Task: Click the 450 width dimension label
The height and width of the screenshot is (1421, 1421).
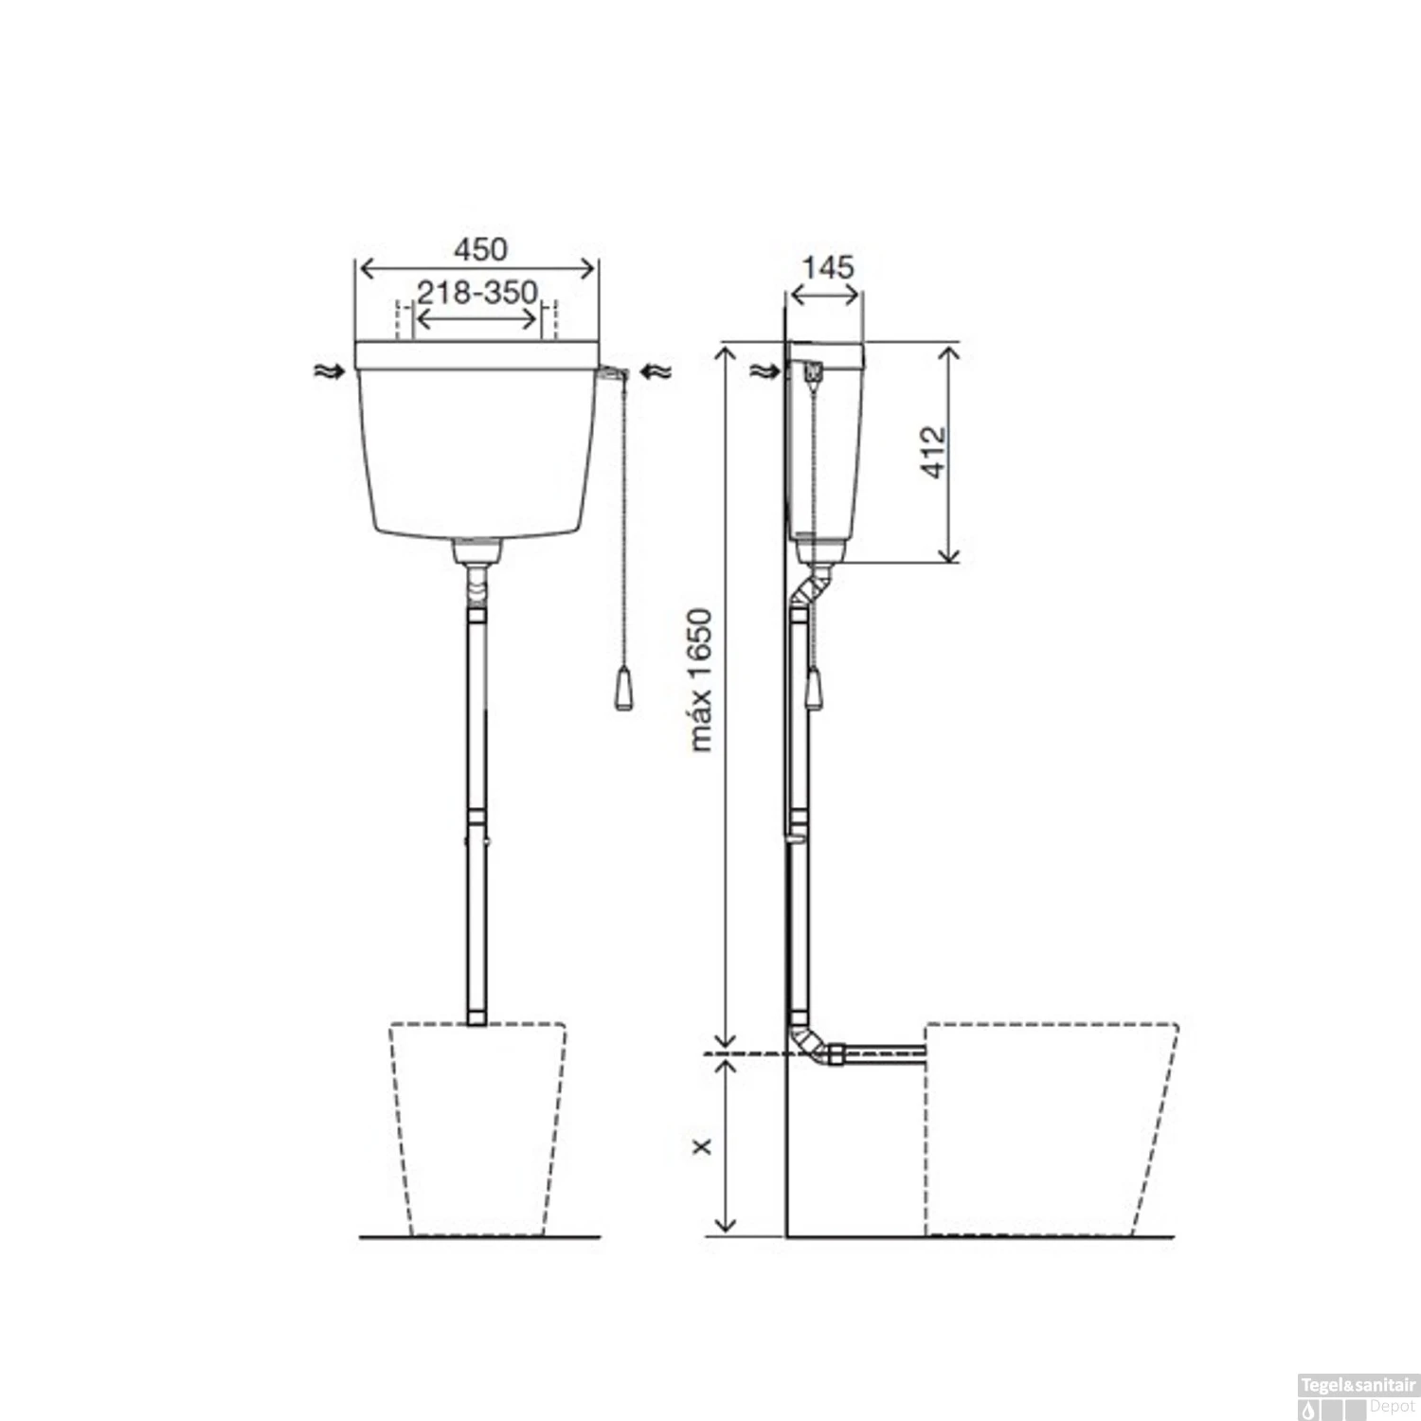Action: point(480,249)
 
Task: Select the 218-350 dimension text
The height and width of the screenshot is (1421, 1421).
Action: point(477,292)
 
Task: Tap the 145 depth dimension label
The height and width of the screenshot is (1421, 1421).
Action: point(827,267)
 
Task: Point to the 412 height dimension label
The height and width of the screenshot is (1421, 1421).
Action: point(934,452)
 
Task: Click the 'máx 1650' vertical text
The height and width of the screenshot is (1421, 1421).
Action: point(700,680)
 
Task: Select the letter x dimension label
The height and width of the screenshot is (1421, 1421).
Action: point(702,1146)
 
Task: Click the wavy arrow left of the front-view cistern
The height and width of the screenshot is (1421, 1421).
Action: point(328,371)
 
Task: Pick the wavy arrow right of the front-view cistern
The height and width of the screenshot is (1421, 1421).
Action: point(656,372)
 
